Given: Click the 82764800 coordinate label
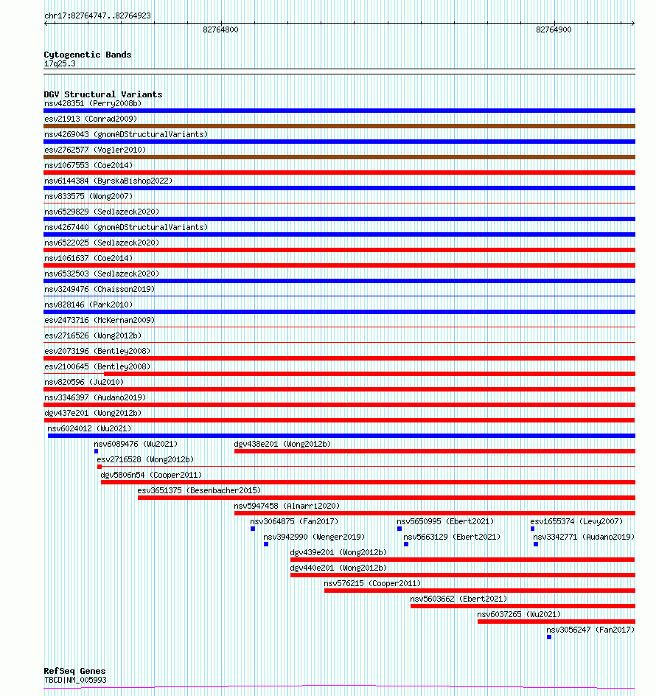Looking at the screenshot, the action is [220, 29].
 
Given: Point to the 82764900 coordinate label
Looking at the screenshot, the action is [554, 29].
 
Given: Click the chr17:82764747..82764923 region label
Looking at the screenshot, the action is [97, 15].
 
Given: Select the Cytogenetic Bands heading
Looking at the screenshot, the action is [88, 55].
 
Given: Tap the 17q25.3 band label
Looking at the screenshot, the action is [60, 64].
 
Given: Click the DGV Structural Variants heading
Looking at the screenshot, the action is [103, 94].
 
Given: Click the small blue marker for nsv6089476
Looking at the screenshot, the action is [97, 451].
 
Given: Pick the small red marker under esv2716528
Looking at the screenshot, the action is [100, 467].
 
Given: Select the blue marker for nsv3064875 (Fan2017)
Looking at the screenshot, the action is [253, 529].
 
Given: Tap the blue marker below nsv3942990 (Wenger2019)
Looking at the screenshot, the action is [266, 544].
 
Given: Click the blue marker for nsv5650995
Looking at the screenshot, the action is [399, 529].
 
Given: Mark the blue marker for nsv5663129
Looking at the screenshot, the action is [406, 544].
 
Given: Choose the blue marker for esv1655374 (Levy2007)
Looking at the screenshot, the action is [533, 529].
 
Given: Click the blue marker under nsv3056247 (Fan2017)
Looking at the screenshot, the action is [549, 637].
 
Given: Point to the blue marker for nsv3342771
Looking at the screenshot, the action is [536, 544].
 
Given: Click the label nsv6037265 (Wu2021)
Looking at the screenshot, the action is [519, 614].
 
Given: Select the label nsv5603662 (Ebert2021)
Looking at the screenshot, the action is [458, 599].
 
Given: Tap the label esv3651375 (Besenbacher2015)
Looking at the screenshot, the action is [199, 490].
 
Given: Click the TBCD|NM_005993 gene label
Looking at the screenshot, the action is [75, 680].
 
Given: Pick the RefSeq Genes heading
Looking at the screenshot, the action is [74, 671].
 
